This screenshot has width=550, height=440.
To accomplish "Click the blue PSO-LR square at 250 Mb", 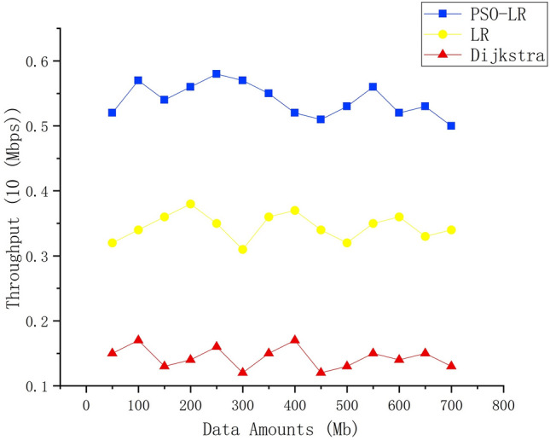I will [x=217, y=74].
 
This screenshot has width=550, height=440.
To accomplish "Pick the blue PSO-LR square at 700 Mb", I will [x=451, y=125].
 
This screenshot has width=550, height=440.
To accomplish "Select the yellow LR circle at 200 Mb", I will [x=190, y=204].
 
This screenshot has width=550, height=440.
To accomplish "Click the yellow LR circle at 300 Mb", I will [x=243, y=249].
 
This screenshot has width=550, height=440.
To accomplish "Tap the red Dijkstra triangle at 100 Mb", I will [x=138, y=339].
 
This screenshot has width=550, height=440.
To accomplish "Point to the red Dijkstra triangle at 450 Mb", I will [x=321, y=372].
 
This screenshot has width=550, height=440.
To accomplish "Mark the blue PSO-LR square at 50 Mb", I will [x=112, y=113].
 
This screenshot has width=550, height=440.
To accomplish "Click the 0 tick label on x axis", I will [x=86, y=403].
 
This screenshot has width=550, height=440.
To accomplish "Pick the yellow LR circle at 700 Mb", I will [x=451, y=229].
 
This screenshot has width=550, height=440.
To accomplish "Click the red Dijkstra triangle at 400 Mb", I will [x=295, y=339].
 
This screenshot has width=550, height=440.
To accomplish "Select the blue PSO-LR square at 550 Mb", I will [x=373, y=87].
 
